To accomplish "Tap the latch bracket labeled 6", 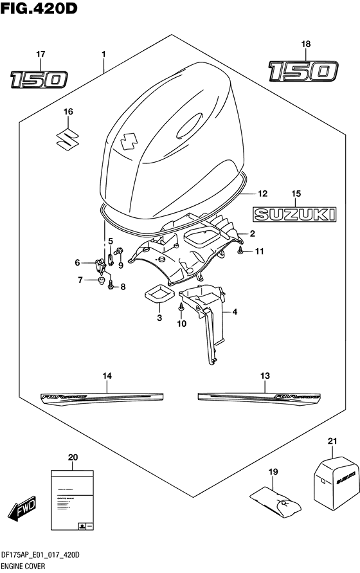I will (x=100, y=264).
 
